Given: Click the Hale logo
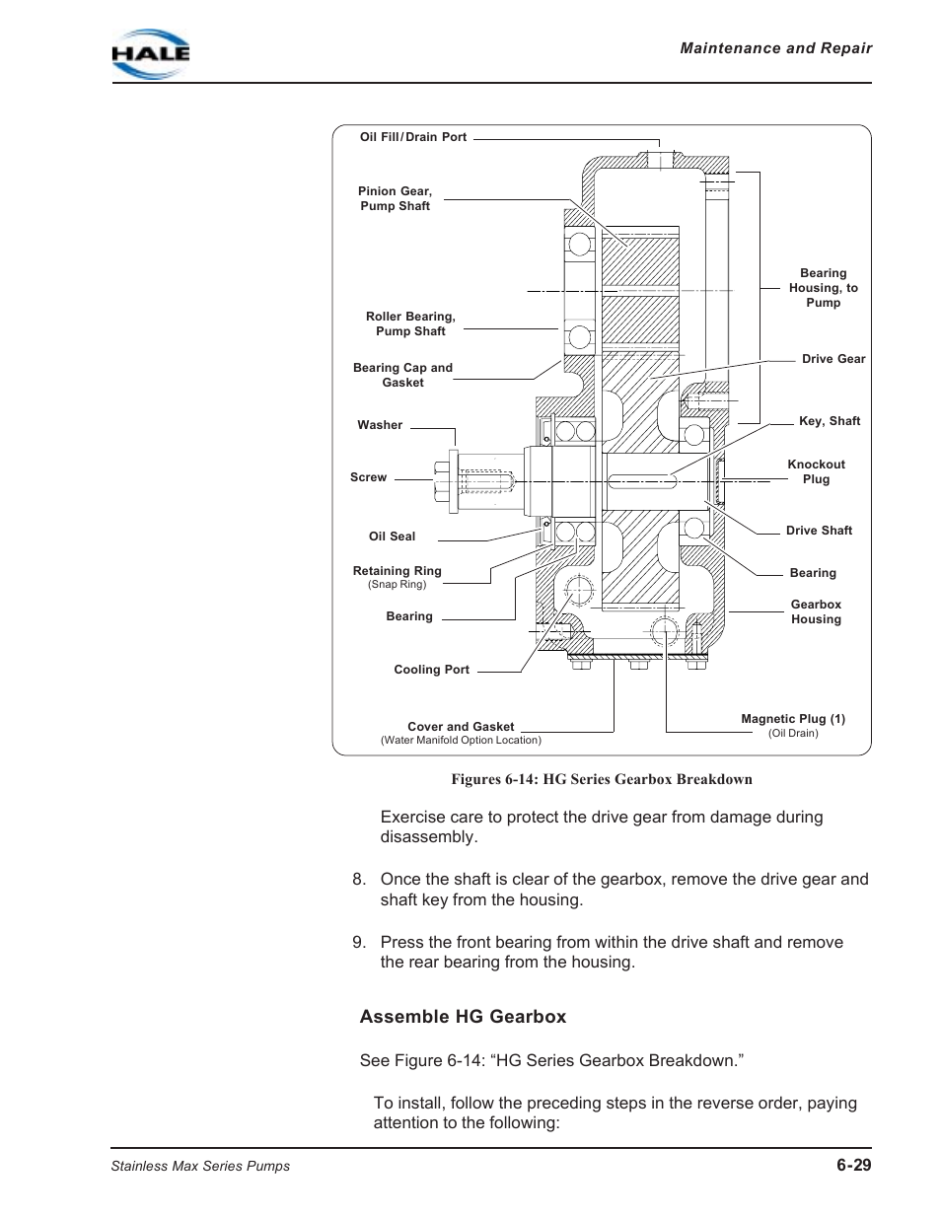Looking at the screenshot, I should (150, 53).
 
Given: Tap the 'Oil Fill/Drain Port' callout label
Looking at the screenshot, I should (413, 137).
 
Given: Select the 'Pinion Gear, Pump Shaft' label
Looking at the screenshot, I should (395, 198).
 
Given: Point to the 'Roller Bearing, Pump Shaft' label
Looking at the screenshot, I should (410, 323).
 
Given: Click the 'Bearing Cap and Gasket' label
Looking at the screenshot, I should (402, 375).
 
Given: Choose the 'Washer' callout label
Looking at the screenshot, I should (380, 425).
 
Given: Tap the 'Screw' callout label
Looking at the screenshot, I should (368, 477).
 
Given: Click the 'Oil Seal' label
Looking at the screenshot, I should (392, 537).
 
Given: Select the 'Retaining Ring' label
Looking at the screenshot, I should (398, 571).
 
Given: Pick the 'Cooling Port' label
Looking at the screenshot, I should (431, 670).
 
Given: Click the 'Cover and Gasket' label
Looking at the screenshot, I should (461, 727).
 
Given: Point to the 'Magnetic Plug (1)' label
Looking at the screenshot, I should (793, 719).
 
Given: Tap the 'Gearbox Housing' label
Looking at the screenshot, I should (816, 611).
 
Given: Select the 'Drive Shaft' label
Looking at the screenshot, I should (819, 531).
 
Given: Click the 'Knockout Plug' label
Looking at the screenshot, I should (816, 471).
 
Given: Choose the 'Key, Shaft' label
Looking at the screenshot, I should (830, 421).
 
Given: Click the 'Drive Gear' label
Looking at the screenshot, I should (833, 359).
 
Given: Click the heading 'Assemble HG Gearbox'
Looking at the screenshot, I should (463, 1017).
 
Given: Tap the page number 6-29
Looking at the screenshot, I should (853, 1165).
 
